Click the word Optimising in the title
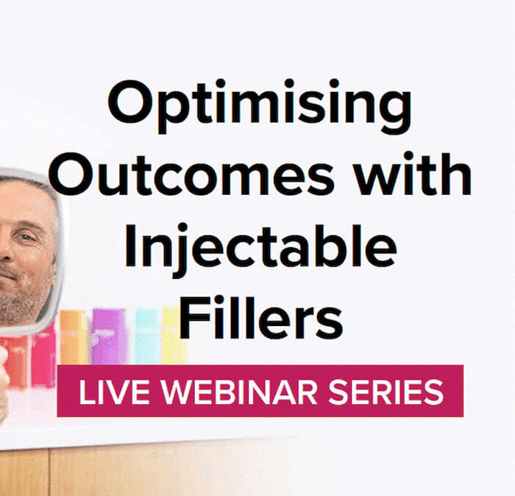pos(260,106)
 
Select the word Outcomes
pos(191,174)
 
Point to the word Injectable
pos(260,250)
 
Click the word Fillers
pos(261,317)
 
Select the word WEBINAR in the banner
pos(239,392)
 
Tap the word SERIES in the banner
pos(386,392)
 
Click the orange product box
pos(74,337)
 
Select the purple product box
pos(109,336)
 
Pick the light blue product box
pos(148,336)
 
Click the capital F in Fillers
pos(193,318)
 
